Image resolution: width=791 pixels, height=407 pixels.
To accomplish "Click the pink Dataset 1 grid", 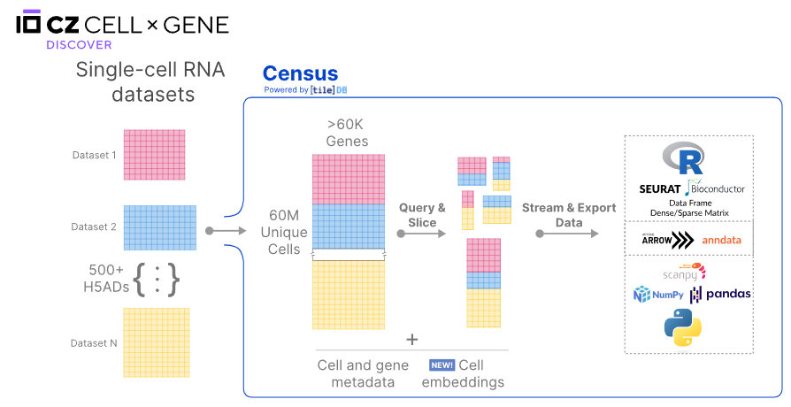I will click(x=154, y=155).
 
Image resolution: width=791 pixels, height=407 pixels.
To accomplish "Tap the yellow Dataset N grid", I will click(x=156, y=342).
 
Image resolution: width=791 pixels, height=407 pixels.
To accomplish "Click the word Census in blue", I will click(x=300, y=74).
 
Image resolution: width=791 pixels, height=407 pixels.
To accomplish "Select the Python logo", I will click(x=683, y=328).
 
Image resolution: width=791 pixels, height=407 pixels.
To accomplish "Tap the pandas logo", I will click(x=720, y=294).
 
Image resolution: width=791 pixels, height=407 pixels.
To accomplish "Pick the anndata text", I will click(x=721, y=240).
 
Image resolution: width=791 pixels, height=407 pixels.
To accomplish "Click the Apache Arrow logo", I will click(x=665, y=240).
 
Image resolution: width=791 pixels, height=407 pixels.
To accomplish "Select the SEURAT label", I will click(x=659, y=188).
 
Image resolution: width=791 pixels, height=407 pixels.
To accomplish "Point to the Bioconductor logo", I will click(x=715, y=188).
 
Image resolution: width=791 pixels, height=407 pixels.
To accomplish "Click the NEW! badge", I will click(x=442, y=365).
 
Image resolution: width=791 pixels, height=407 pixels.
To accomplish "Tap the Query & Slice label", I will click(x=422, y=215).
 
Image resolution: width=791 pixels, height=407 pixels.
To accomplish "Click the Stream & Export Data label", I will click(x=569, y=215).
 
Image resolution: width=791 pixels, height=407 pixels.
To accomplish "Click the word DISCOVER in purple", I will click(x=79, y=44).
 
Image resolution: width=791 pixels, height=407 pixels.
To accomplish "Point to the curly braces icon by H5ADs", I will click(x=157, y=279).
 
